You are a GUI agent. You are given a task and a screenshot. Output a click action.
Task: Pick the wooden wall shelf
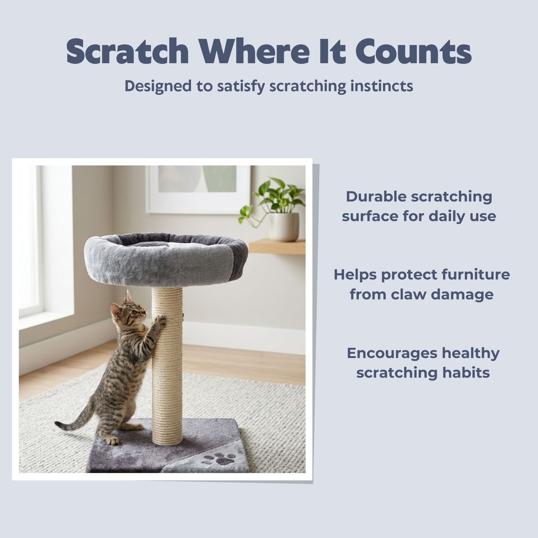coord(277,246)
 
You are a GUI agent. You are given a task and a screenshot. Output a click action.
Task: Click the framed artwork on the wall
coord(199,189)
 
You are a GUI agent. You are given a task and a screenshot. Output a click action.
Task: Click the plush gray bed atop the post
coord(166,260)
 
